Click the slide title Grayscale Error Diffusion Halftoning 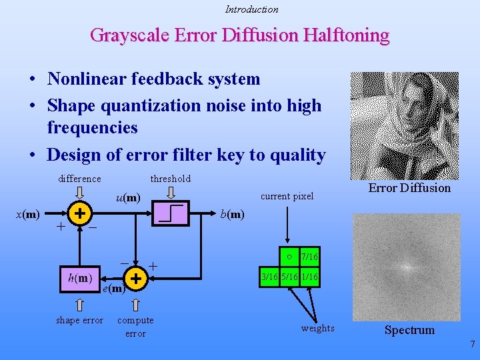click(239, 35)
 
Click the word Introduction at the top click(251, 9)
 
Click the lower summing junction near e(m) click(135, 277)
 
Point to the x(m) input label click(28, 214)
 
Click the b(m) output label click(232, 214)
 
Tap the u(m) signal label click(128, 197)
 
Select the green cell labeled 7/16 click(309, 257)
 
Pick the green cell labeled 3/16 click(269, 277)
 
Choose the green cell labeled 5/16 click(289, 277)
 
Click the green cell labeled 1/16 click(309, 277)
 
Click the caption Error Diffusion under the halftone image click(409, 188)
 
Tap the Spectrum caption click(409, 330)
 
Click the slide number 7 click(472, 345)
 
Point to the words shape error click(79, 321)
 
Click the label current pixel click(287, 196)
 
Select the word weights click(317, 328)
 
